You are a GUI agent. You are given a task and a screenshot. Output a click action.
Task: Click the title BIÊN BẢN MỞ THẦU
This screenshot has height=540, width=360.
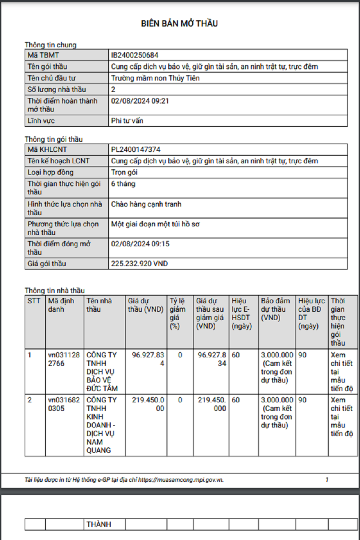(180, 23)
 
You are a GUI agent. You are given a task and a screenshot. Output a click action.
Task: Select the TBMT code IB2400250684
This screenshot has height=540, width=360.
(135, 55)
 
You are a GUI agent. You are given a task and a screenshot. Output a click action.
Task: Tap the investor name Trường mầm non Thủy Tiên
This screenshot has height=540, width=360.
(155, 78)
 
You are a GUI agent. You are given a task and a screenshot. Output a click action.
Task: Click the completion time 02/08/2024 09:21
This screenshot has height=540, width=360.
(140, 101)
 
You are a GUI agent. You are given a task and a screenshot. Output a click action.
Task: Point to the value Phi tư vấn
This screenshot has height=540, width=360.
(127, 121)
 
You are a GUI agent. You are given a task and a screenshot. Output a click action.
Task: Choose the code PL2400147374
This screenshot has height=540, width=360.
(136, 149)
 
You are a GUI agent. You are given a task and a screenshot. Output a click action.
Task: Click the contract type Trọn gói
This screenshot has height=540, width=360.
(124, 172)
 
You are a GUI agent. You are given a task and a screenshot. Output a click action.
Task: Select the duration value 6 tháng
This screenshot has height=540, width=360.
(123, 184)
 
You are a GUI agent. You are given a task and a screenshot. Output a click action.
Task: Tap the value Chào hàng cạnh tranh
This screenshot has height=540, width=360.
(146, 204)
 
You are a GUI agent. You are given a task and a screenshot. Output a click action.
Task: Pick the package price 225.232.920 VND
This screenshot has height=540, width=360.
(139, 264)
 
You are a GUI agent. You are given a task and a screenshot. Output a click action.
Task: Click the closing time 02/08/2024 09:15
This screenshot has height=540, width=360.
(140, 244)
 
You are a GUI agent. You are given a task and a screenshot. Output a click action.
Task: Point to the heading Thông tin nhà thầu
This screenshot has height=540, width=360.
(54, 291)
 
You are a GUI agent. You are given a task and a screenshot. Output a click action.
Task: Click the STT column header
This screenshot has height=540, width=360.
(34, 301)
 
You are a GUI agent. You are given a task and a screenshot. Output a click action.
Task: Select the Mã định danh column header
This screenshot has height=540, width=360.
(61, 305)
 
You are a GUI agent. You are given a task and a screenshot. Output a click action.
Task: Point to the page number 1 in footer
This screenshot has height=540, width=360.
(327, 480)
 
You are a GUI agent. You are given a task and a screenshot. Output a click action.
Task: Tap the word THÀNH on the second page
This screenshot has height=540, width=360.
(99, 524)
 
